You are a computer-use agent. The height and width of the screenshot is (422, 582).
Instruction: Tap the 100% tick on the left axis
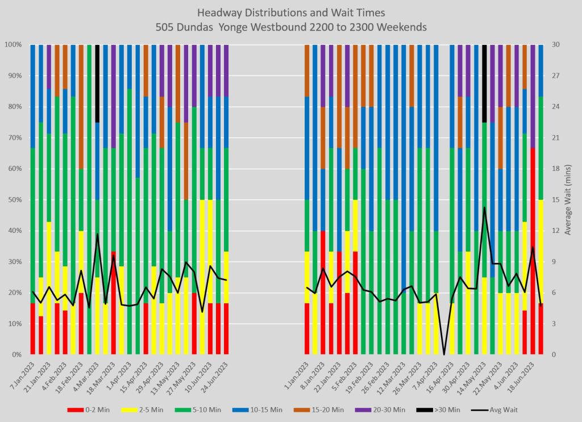point(12,44)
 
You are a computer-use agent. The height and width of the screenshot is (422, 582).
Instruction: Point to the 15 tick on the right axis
point(555,200)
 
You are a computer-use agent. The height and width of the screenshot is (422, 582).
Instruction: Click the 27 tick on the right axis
point(555,76)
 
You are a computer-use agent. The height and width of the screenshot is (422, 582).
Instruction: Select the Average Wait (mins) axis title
point(569,199)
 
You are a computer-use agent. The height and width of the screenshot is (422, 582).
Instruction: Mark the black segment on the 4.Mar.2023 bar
point(97,83)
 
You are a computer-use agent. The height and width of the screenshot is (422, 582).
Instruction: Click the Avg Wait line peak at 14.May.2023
point(484,208)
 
